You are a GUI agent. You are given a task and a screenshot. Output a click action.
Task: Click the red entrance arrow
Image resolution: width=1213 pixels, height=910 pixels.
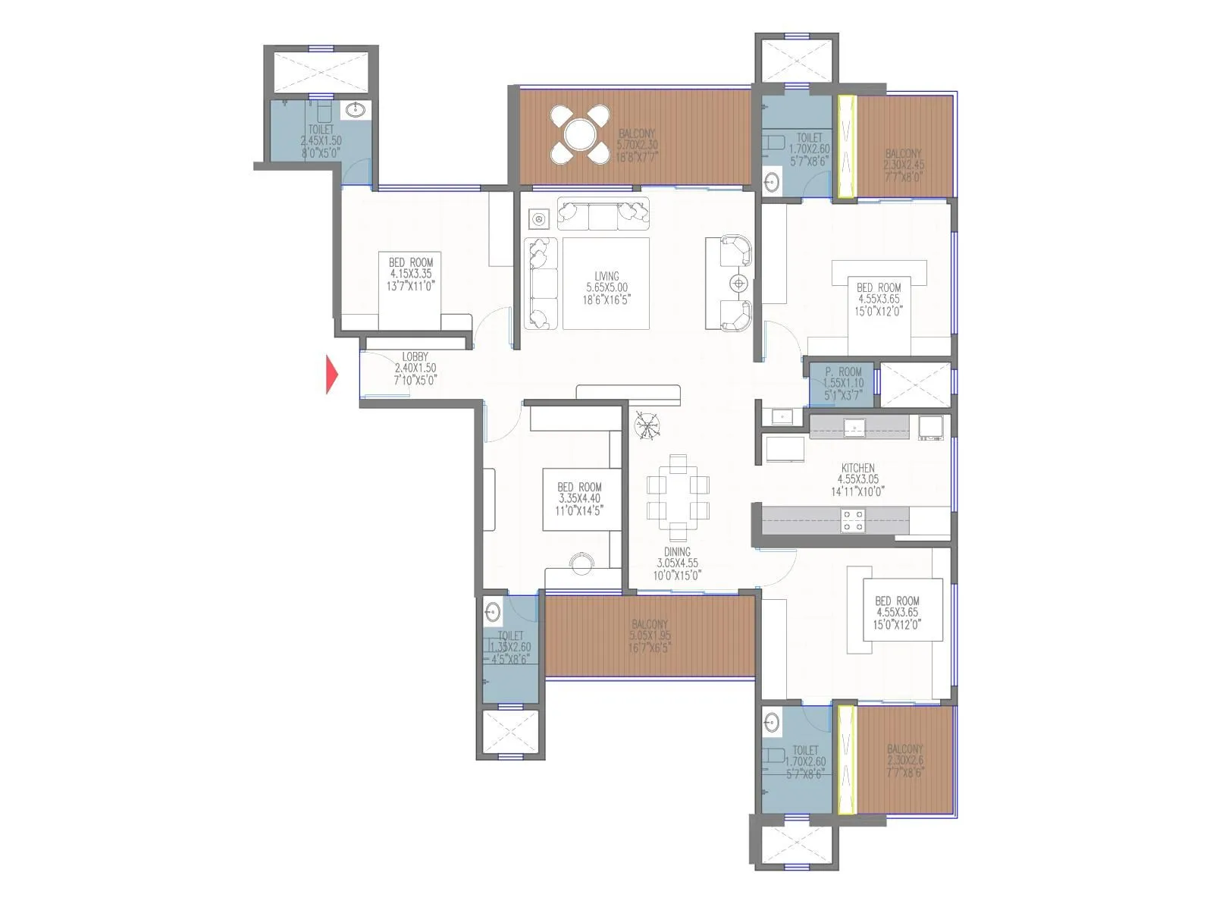pyautogui.click(x=331, y=375)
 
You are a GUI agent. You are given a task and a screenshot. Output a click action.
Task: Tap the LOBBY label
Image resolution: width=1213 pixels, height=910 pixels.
pyautogui.click(x=415, y=356)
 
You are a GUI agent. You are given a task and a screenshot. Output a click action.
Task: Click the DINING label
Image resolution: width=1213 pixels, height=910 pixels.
pyautogui.click(x=677, y=552)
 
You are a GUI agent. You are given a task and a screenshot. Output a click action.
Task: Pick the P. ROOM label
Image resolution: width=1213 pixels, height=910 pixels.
pyautogui.click(x=843, y=372)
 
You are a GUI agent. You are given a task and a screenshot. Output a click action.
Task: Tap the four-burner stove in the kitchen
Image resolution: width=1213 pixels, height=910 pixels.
pyautogui.click(x=853, y=520)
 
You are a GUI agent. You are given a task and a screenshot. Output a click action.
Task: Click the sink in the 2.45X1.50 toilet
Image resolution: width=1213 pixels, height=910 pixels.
pyautogui.click(x=354, y=111)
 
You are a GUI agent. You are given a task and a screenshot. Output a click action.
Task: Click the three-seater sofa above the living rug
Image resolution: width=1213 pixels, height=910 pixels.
pyautogui.click(x=603, y=214)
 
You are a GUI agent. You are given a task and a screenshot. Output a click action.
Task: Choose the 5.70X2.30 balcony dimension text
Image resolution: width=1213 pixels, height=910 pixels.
pyautogui.click(x=637, y=144)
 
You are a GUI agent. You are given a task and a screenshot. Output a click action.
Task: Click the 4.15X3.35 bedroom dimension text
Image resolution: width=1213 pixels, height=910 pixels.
pyautogui.click(x=411, y=274)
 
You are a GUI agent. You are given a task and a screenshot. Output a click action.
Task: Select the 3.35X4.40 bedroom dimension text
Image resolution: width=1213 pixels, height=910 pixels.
pyautogui.click(x=580, y=498)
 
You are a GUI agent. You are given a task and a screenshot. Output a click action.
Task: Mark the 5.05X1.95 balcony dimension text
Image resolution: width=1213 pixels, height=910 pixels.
pyautogui.click(x=650, y=635)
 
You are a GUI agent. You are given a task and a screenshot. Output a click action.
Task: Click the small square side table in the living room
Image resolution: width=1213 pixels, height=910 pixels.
pyautogui.click(x=539, y=219)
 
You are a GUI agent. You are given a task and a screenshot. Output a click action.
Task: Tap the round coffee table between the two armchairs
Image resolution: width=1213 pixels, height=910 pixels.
pyautogui.click(x=738, y=284)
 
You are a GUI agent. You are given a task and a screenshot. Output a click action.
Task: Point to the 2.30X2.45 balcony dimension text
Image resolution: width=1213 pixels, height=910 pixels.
pyautogui.click(x=904, y=164)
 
